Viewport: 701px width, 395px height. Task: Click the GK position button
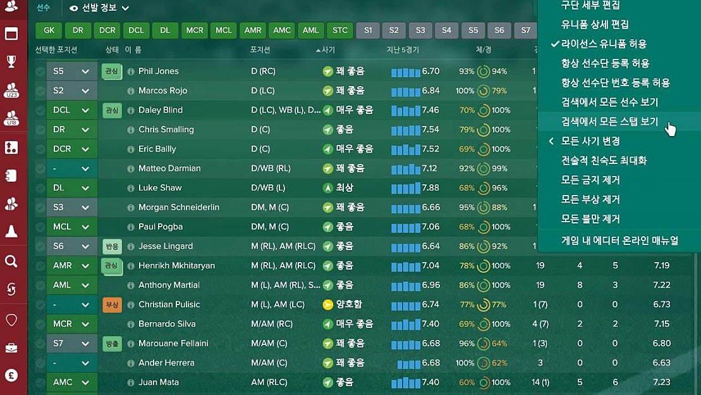(49, 30)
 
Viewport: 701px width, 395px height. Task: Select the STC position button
(340, 30)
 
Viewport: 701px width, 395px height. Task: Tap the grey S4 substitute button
(446, 30)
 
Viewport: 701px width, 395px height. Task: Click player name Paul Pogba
(161, 227)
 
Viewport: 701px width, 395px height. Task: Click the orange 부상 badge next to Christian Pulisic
(112, 304)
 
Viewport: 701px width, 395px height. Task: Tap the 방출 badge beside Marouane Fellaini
(112, 344)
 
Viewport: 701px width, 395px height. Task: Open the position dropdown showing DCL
(71, 110)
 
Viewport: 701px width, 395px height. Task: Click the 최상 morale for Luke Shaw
(344, 188)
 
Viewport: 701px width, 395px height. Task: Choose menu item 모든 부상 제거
(590, 199)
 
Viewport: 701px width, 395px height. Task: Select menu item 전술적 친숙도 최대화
(604, 160)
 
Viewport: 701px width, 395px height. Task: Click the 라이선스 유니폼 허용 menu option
(604, 44)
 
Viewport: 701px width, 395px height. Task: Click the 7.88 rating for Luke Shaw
(430, 188)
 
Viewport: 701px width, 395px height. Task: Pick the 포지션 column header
(260, 50)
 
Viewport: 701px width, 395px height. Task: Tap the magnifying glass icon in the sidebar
(11, 261)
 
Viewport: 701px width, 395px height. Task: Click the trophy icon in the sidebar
(11, 61)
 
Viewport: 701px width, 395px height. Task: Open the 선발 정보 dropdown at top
(99, 8)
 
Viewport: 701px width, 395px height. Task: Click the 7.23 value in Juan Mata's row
(661, 382)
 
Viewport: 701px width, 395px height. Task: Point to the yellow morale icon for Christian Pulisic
(327, 304)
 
